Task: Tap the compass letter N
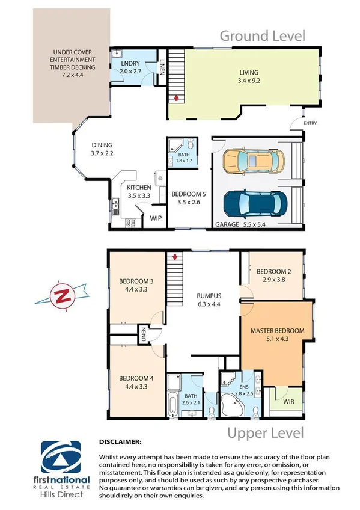(x=60, y=296)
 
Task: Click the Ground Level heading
(x=262, y=36)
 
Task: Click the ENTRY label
(x=310, y=124)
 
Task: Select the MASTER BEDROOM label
(x=277, y=331)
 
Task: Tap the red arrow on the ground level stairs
(x=176, y=96)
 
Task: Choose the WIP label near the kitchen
(x=156, y=218)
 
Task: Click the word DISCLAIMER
(x=121, y=442)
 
